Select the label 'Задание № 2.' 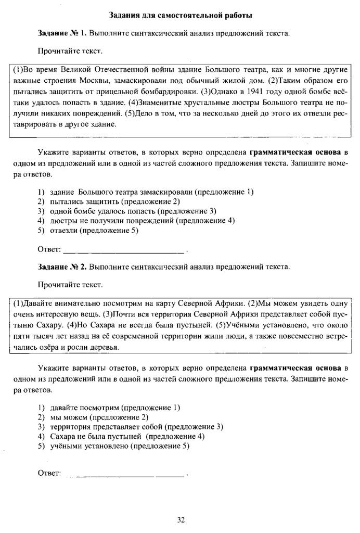click(62, 267)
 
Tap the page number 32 click(181, 519)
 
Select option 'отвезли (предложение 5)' click(94, 230)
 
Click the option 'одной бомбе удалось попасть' click(133, 211)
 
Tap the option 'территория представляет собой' click(136, 427)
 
